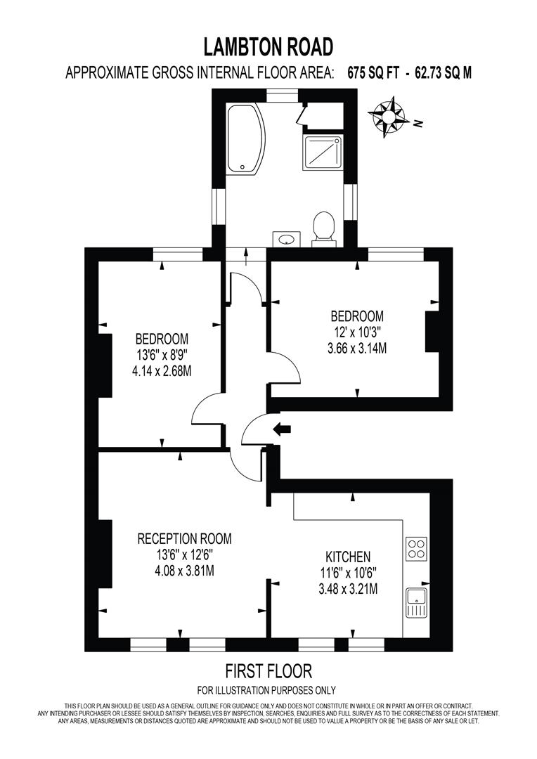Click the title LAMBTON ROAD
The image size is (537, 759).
(x=268, y=47)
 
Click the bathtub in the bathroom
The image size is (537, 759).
(x=245, y=138)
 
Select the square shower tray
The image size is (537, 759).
(x=323, y=153)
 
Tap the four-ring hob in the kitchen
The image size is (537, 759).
(x=416, y=547)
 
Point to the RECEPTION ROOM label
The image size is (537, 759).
(x=184, y=539)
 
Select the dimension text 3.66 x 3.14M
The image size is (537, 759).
(x=358, y=347)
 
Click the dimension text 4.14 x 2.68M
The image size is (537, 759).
(x=162, y=370)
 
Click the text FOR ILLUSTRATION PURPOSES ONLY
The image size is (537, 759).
(x=267, y=690)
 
